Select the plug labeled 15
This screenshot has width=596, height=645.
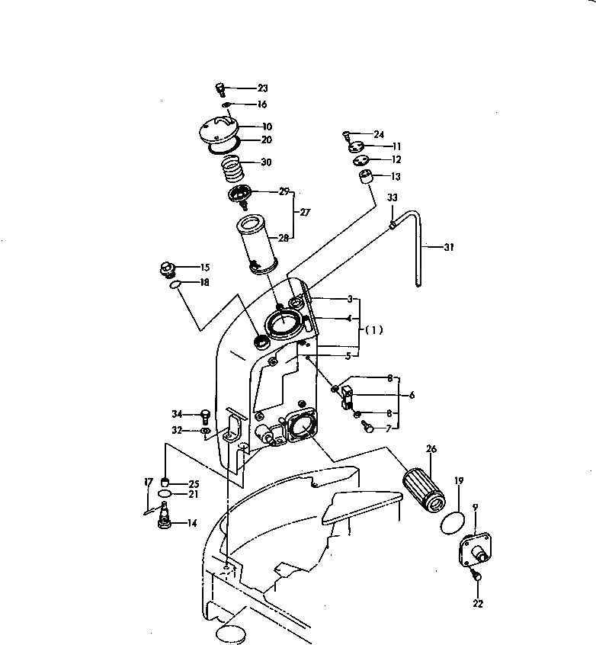pos(167,269)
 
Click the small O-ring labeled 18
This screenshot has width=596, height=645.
pos(175,284)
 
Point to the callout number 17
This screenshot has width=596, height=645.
pos(148,482)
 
